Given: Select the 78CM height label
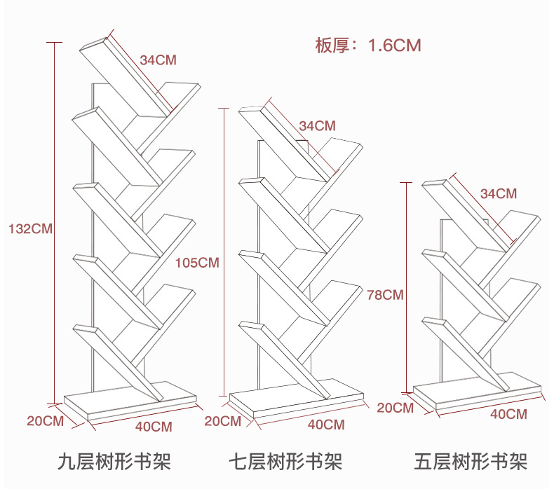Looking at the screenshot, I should click(385, 294).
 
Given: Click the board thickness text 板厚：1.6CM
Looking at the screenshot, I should click(367, 46).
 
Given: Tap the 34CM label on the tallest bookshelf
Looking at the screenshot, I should click(158, 60).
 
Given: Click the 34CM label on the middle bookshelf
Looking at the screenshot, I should click(317, 126).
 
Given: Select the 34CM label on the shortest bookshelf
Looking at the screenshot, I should click(498, 193).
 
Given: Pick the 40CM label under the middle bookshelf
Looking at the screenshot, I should click(326, 425).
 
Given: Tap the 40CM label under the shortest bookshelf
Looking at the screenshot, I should click(508, 413).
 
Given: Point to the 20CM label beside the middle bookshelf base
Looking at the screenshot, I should click(222, 421).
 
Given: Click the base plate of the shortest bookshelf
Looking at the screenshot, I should click(477, 392).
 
